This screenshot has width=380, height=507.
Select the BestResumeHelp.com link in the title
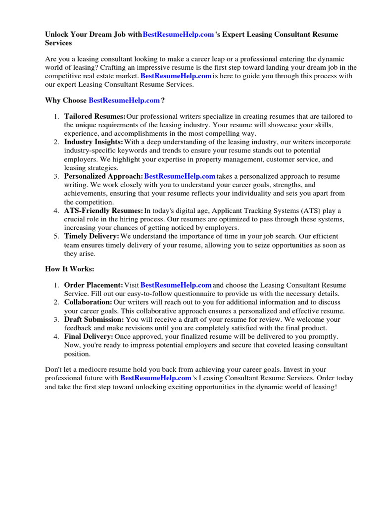[178, 34]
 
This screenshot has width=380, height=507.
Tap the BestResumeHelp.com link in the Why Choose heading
[124, 100]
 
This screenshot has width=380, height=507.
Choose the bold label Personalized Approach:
[103, 176]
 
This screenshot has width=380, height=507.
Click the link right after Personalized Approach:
[180, 176]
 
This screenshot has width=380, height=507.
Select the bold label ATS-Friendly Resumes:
[103, 210]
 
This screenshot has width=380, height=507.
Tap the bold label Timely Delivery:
[92, 236]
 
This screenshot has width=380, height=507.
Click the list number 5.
[56, 236]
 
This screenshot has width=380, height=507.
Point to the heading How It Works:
[69, 269]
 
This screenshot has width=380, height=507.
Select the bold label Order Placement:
[94, 285]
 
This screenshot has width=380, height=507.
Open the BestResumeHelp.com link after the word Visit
[176, 285]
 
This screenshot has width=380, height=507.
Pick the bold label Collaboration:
[88, 302]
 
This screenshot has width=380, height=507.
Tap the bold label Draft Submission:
[94, 319]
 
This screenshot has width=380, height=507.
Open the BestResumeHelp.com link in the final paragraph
[155, 378]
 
